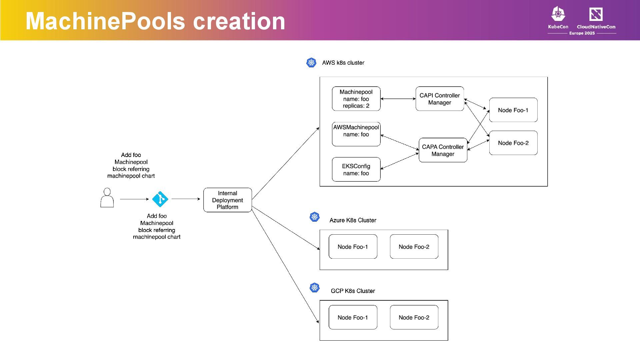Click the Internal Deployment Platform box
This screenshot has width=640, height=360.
[x=227, y=200]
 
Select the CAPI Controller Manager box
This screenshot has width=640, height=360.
[x=439, y=99]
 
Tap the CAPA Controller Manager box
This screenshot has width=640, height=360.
[x=443, y=150]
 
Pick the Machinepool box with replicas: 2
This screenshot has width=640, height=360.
[x=356, y=99]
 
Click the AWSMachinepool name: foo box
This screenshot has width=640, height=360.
[x=356, y=134]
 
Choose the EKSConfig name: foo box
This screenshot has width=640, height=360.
[x=356, y=170]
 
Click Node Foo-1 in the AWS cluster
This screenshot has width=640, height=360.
[x=513, y=110]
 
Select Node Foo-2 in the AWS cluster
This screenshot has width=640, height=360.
[x=513, y=143]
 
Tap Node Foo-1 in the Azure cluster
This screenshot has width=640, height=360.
[x=353, y=247]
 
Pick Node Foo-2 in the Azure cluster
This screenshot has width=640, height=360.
[x=414, y=247]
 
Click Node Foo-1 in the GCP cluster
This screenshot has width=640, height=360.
[x=353, y=317]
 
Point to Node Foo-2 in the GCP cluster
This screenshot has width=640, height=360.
[x=414, y=317]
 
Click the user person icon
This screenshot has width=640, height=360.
[x=107, y=198]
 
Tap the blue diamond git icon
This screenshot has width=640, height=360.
[x=160, y=199]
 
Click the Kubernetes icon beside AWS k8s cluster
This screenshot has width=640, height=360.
[x=311, y=62]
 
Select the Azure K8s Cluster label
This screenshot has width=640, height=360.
[x=353, y=220]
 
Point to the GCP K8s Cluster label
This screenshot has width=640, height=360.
[x=353, y=291]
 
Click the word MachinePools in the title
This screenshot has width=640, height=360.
[x=105, y=21]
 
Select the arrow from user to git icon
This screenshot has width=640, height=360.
[x=134, y=199]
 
